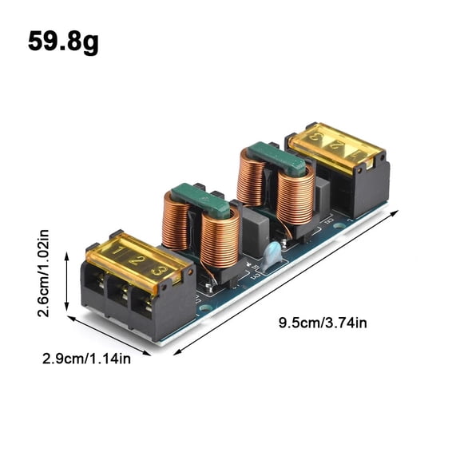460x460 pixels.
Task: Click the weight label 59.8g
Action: (x=64, y=42)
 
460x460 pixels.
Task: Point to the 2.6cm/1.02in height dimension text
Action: (x=44, y=274)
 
